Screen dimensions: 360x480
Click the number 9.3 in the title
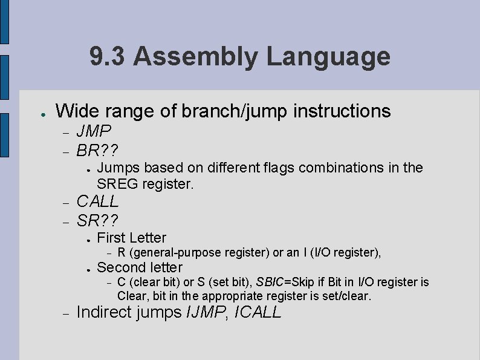108,57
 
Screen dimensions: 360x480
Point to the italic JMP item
94,131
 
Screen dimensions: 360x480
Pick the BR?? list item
97,149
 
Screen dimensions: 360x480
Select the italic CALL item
97,201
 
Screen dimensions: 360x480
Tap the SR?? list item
97,219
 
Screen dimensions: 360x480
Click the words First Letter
131,238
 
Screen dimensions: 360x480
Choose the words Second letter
140,267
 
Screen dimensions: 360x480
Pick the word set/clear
349,296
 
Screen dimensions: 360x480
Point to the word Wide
75,111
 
